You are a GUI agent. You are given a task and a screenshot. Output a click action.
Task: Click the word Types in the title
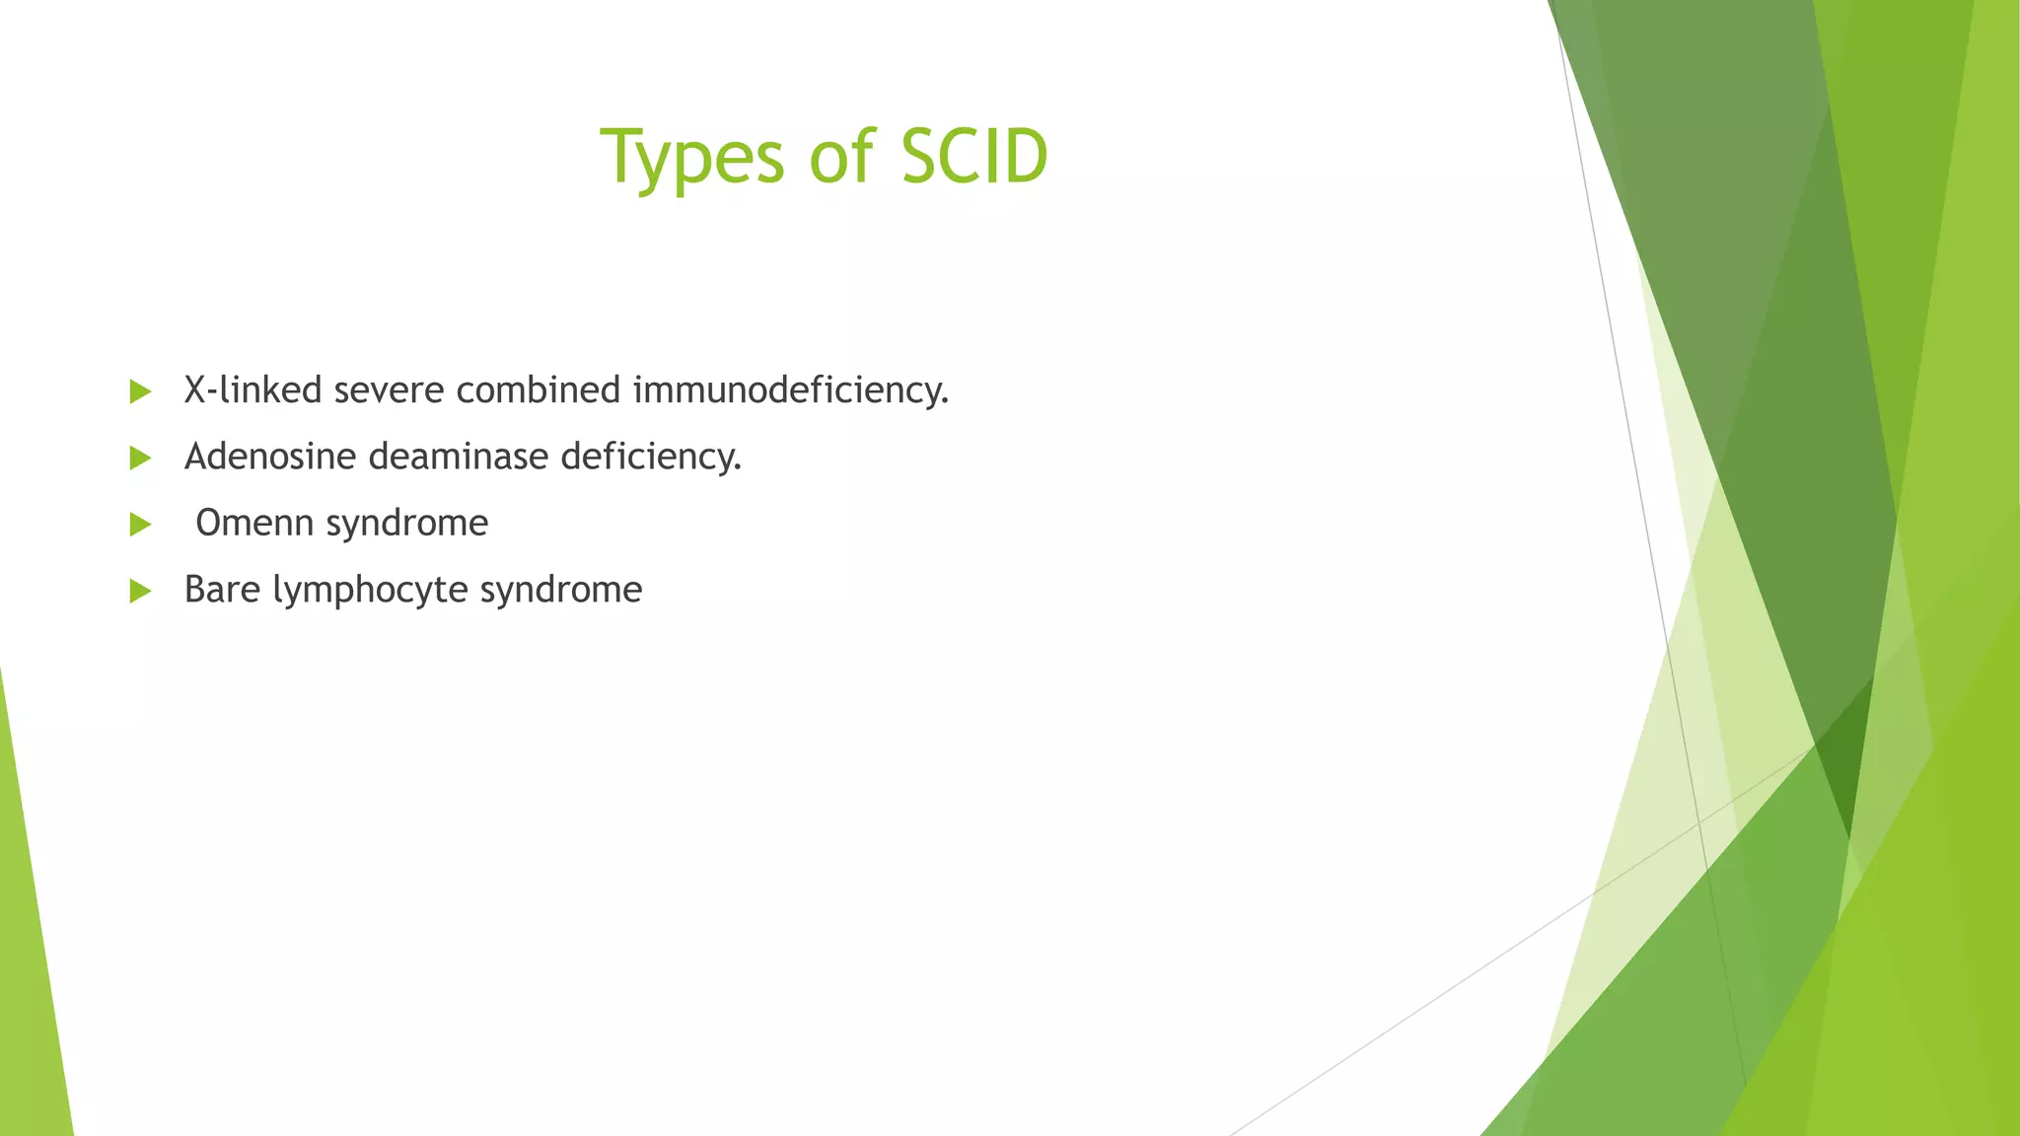click(691, 158)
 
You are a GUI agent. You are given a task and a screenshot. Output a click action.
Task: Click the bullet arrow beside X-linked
click(140, 392)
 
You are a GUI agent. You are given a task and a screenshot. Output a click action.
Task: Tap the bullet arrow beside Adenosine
click(140, 459)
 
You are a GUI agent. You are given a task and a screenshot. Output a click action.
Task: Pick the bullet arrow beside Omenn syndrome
click(140, 525)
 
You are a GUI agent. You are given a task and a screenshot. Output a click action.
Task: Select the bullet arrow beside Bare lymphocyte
click(140, 592)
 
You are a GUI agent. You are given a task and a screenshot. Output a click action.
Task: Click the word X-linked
click(252, 390)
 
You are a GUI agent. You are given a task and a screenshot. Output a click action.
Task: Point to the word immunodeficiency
click(790, 390)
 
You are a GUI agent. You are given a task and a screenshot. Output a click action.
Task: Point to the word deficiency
click(650, 457)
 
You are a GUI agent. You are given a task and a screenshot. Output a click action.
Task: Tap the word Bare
click(222, 590)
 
